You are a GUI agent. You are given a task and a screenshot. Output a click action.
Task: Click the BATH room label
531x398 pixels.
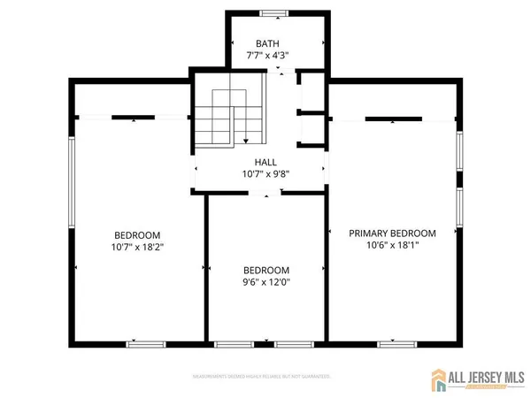266,43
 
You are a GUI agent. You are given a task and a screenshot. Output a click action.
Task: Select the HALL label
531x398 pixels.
265,163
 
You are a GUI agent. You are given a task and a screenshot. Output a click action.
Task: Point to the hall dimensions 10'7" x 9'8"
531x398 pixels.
265,174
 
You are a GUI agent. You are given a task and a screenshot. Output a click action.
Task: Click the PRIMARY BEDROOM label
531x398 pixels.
392,233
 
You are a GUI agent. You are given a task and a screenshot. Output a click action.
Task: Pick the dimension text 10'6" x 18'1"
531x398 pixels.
392,246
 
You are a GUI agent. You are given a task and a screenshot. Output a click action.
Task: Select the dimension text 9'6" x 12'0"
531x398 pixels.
266,282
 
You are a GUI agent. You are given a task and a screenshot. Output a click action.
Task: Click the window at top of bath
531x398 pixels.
273,13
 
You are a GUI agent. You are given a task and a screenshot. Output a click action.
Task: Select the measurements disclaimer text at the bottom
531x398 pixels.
261,376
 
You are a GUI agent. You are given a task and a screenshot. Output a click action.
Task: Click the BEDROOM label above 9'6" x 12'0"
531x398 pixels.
266,270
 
